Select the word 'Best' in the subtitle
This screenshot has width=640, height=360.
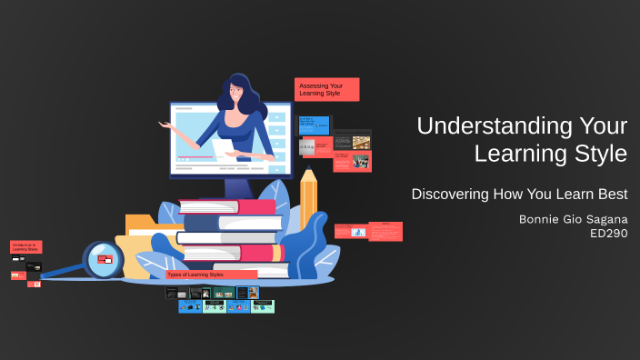click(x=611, y=194)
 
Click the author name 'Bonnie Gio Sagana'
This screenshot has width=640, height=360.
click(x=573, y=219)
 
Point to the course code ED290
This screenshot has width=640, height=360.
click(x=608, y=234)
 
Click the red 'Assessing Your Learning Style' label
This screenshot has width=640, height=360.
click(x=326, y=89)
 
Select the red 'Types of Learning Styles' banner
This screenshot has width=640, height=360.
click(x=211, y=275)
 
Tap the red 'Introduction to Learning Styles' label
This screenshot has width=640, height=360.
click(x=25, y=246)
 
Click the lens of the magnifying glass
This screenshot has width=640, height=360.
click(x=103, y=259)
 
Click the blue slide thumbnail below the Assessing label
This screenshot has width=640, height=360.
click(x=313, y=125)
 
